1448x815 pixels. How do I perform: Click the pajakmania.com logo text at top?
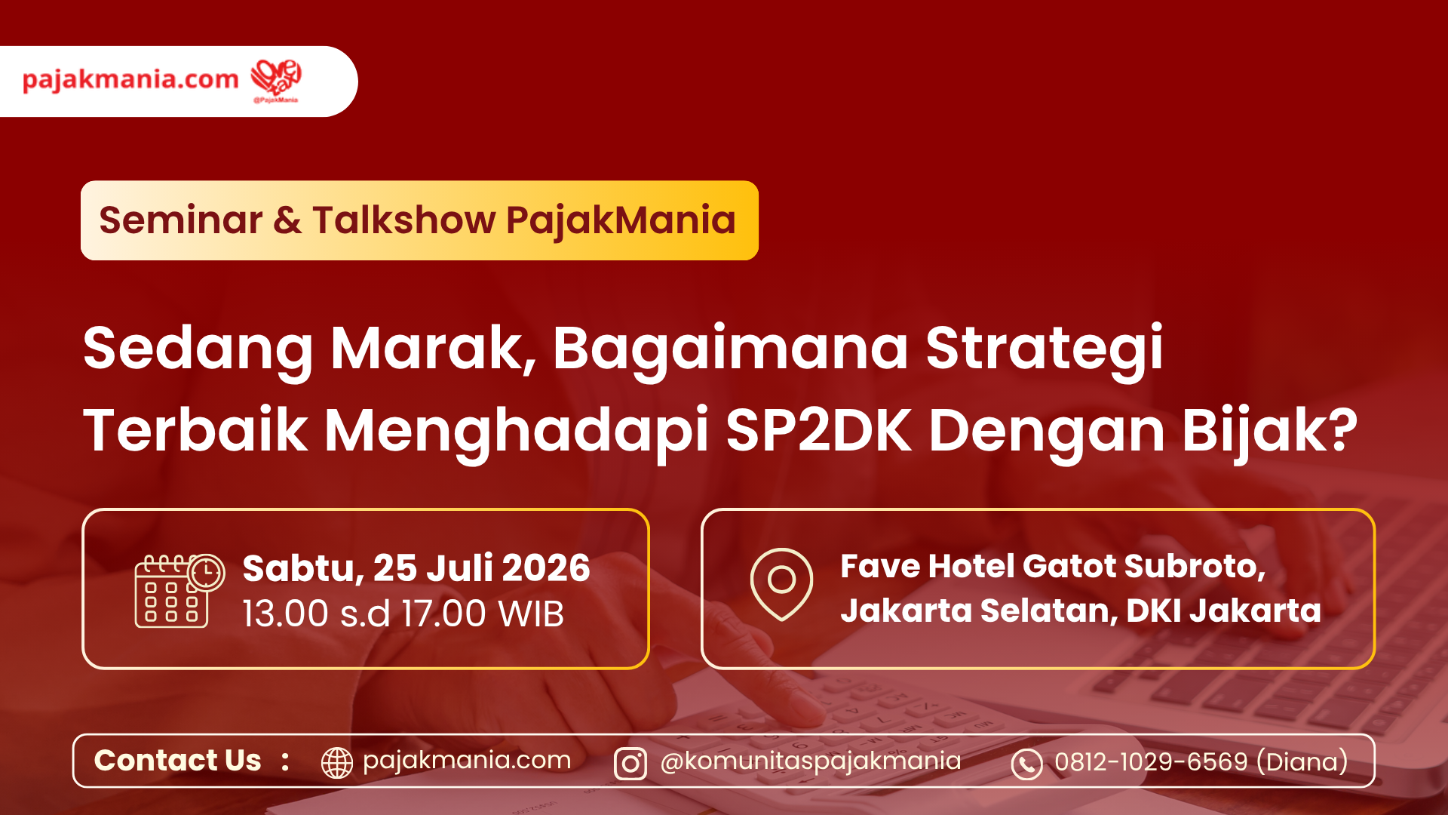[x=130, y=79]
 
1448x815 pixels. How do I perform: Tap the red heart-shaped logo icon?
[x=276, y=78]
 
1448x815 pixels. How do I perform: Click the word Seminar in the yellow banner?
[x=180, y=220]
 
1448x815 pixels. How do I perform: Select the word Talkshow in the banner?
[x=404, y=220]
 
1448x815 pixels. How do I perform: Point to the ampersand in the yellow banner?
[x=287, y=221]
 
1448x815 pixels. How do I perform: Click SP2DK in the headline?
[x=818, y=430]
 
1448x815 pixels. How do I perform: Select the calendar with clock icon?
[x=179, y=591]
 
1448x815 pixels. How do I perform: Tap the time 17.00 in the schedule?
[x=443, y=614]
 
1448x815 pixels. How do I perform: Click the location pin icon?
[x=782, y=585]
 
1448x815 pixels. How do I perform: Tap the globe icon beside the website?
[x=337, y=763]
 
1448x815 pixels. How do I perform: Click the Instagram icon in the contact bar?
[x=630, y=764]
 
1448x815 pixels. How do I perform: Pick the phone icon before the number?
[x=1026, y=764]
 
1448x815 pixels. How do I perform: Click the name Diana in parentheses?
[x=1302, y=761]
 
